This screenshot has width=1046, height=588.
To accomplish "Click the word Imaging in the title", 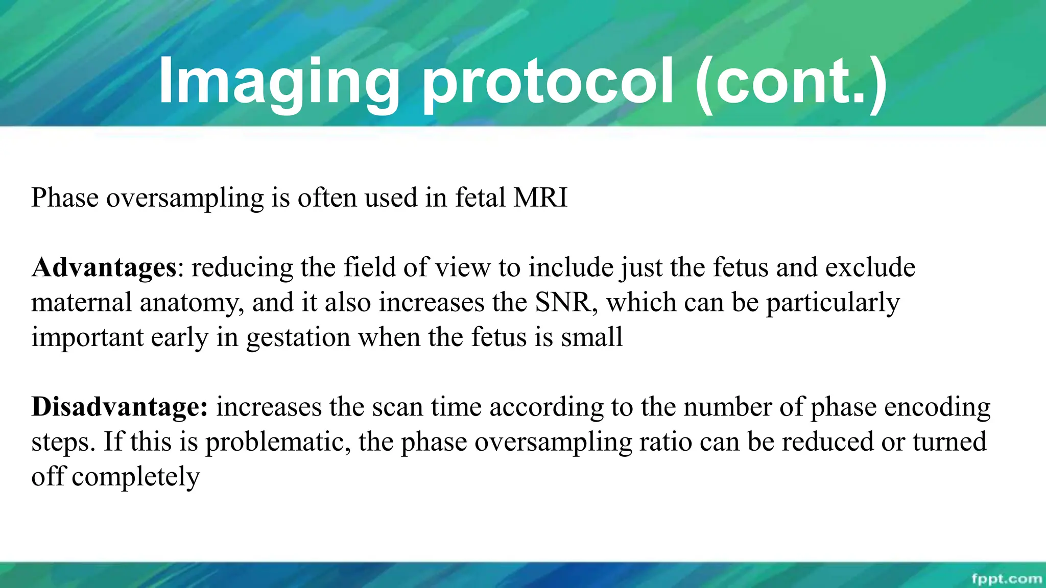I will [x=278, y=82].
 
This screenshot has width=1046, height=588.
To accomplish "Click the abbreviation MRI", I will [x=540, y=198].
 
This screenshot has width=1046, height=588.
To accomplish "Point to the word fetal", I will [x=480, y=198].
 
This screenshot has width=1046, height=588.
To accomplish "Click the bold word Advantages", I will [x=104, y=267].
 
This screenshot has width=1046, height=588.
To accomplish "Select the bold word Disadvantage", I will [x=119, y=407].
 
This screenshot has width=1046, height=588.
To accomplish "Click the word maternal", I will [x=82, y=302].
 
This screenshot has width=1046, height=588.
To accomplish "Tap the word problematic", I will [x=278, y=442].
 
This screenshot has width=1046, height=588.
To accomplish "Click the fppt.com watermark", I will [x=1006, y=578].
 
